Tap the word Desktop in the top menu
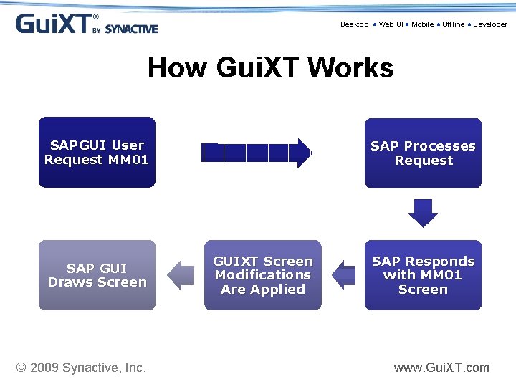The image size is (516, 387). (354, 24)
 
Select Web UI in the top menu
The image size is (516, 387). (391, 24)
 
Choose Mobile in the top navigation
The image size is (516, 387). (422, 24)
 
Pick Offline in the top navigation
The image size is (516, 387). (453, 24)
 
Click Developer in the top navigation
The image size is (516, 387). (489, 24)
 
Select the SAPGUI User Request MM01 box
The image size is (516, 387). (97, 153)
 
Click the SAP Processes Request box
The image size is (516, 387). (423, 153)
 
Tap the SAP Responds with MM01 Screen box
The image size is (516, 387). (423, 275)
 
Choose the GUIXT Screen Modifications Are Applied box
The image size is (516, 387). (263, 275)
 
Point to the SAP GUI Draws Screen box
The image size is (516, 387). (97, 275)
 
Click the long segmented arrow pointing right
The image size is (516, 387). (257, 153)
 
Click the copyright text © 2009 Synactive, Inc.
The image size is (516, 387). (81, 368)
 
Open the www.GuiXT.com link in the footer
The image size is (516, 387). (441, 368)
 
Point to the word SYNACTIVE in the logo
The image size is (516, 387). (131, 29)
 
